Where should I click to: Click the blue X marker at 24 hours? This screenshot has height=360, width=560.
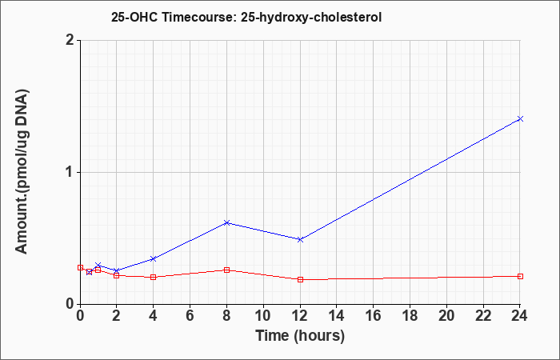coord(520,118)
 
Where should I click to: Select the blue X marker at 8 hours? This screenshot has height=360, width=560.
coord(226,223)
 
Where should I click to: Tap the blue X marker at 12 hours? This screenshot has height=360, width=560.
coord(300,239)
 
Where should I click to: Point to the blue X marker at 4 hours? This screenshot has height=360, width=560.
coord(154,258)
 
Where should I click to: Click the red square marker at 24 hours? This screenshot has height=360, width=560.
coord(520,277)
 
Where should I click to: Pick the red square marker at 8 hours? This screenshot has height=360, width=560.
coord(226,270)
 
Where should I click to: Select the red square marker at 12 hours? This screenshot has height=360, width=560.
coord(300,280)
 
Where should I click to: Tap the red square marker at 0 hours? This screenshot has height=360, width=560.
coord(80,267)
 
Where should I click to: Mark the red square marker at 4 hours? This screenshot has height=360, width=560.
coord(154,277)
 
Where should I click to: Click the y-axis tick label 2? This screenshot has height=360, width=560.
coord(70,40)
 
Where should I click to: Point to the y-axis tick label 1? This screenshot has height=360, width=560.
coord(70,173)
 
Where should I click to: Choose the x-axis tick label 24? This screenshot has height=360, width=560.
coord(520,315)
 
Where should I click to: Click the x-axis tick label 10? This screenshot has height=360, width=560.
coord(263,315)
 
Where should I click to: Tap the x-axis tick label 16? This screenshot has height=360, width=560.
coord(373,315)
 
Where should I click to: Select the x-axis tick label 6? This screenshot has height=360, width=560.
coord(190,315)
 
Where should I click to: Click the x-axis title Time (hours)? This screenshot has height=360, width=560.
coord(300,336)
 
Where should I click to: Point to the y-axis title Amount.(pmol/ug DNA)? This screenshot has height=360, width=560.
coord(22,172)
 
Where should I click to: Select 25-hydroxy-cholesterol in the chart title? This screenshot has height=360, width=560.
coord(311,17)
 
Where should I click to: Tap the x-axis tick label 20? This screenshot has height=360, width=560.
coord(446,315)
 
